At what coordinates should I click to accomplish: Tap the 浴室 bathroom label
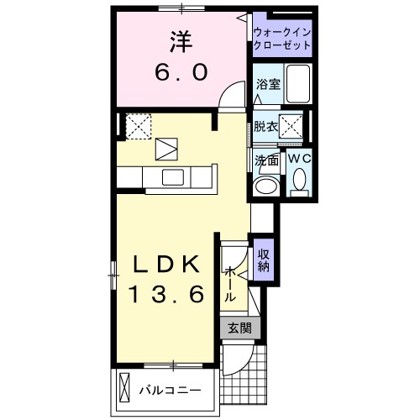point(267,85)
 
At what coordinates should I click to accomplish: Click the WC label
point(299,158)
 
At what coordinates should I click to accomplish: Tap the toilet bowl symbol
point(300,181)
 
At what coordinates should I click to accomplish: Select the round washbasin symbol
point(267,185)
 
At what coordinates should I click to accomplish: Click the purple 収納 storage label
point(264,261)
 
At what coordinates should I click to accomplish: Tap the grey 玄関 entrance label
point(239,328)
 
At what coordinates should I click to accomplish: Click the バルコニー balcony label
point(170,390)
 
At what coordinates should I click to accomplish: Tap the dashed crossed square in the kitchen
point(137,126)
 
